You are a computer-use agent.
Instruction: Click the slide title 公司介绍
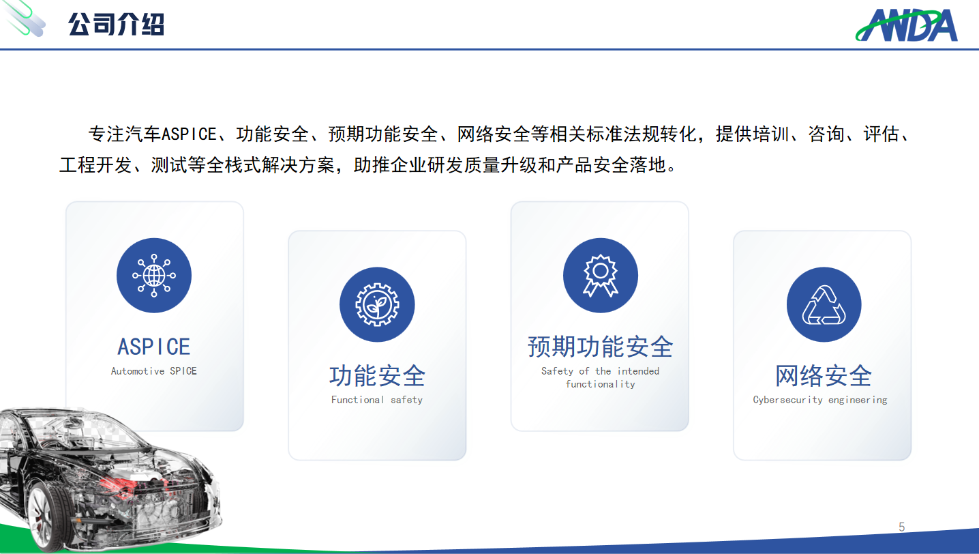pos(116,25)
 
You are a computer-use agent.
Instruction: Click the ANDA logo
pos(907,25)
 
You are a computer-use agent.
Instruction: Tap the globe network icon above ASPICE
pos(154,276)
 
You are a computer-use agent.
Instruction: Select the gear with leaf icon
pos(377,304)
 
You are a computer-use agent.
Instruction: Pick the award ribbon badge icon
pos(600,276)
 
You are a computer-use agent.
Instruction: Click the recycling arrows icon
pos(824,304)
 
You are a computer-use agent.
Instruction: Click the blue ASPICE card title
pos(154,347)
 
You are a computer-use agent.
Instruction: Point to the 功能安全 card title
pos(377,376)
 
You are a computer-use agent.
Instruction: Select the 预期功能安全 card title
pos(600,347)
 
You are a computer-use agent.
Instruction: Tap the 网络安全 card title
pos(824,376)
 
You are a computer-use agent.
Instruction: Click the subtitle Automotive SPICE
pos(154,371)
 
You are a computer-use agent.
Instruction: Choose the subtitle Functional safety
pos(377,400)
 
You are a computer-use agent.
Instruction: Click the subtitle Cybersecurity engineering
pos(820,400)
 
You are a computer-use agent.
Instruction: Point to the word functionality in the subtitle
pos(600,384)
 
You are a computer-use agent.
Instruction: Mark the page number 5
pos(902,527)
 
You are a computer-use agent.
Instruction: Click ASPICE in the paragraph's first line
pos(189,134)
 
